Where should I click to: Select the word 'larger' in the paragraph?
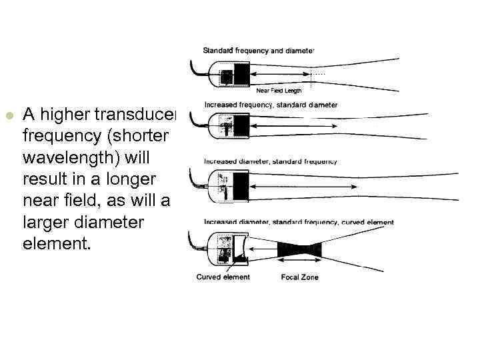45,222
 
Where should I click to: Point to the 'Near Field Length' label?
279,90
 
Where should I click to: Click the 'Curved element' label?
223,277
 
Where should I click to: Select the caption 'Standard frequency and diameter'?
258,50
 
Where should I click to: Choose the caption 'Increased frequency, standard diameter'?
271,105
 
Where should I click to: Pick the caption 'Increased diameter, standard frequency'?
270,161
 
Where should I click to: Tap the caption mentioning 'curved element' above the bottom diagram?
299,222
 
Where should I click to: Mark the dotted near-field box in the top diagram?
317,75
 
